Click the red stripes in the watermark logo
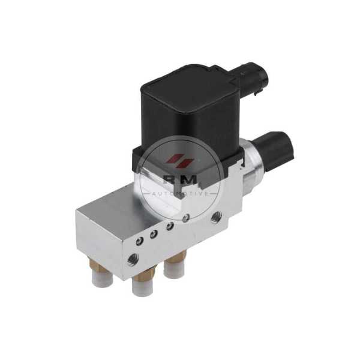pyautogui.click(x=180, y=160)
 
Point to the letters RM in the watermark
pyautogui.click(x=180, y=180)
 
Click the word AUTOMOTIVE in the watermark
pyautogui.click(x=180, y=194)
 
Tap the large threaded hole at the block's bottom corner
pyautogui.click(x=133, y=260)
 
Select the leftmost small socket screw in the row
pyautogui.click(x=140, y=241)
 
